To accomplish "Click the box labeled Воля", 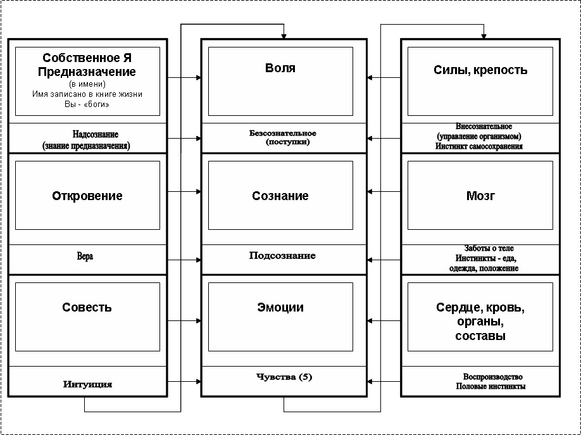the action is (x=280, y=81).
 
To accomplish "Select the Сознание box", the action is (x=280, y=195).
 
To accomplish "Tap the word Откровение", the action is (x=87, y=196).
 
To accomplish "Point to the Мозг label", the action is (x=480, y=196).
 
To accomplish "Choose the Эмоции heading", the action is (x=280, y=308).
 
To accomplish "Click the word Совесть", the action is (x=87, y=308).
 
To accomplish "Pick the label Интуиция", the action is (x=87, y=384).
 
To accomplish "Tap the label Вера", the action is (x=85, y=256).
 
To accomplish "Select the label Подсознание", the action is (x=282, y=256).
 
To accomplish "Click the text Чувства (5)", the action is (x=284, y=377).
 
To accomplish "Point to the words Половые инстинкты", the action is (x=490, y=386).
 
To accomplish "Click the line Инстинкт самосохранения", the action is (x=479, y=146).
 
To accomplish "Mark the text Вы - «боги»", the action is (x=87, y=104).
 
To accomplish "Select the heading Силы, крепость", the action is (x=480, y=70).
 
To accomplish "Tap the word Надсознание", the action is (x=95, y=134).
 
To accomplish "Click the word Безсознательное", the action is (x=283, y=133).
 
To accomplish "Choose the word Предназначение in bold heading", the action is (x=87, y=72).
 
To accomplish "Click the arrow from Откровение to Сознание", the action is (x=184, y=192).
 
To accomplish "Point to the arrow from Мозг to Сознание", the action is (x=384, y=192).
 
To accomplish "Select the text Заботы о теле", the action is (x=489, y=248).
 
